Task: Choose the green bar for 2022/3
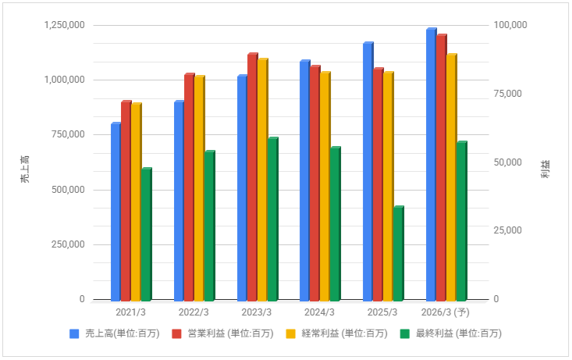209,226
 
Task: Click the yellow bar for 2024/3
325,187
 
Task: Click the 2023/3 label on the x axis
258,312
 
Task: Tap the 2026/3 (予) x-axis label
446,312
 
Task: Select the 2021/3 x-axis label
131,312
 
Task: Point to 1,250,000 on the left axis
66,25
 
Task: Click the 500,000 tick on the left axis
69,190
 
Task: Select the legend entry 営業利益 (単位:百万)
227,333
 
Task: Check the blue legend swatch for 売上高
74,333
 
